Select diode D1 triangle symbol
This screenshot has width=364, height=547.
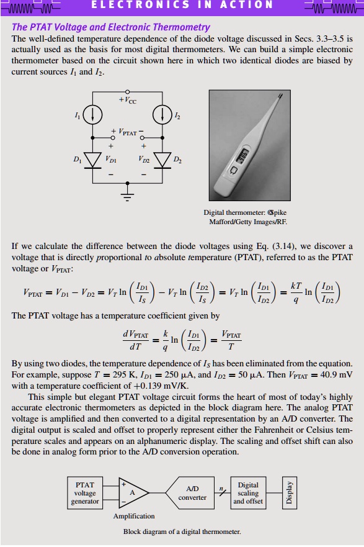pyautogui.click(x=93, y=159)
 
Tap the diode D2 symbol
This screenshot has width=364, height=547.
pyautogui.click(x=162, y=159)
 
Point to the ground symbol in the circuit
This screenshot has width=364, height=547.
pyautogui.click(x=127, y=197)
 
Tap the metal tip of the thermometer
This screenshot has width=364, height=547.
pyautogui.click(x=280, y=98)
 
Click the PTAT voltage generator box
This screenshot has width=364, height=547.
pyautogui.click(x=85, y=493)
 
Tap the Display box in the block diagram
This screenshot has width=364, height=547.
pyautogui.click(x=287, y=493)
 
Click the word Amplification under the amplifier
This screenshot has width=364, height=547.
pyautogui.click(x=133, y=516)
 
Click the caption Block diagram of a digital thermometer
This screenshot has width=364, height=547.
pyautogui.click(x=182, y=531)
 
